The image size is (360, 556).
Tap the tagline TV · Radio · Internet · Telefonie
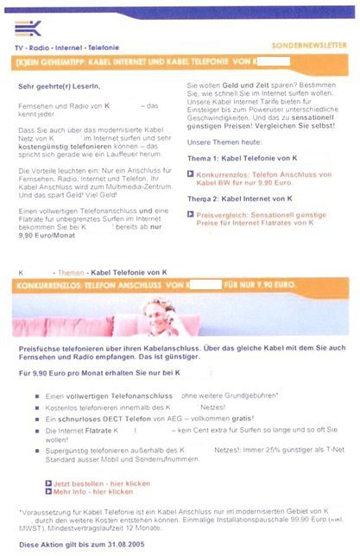(68, 47)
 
